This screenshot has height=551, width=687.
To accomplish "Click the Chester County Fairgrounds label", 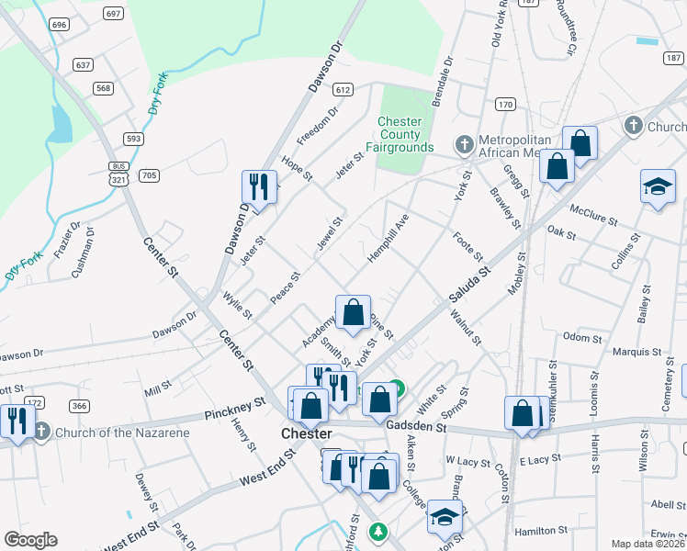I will pyautogui.click(x=400, y=135).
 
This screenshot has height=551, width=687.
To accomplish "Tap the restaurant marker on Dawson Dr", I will pyautogui.click(x=259, y=186).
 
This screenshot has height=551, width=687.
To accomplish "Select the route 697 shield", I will pyautogui.click(x=114, y=14).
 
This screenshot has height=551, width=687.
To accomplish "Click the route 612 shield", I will pyautogui.click(x=343, y=90).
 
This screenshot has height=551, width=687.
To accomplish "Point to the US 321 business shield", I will pyautogui.click(x=118, y=173).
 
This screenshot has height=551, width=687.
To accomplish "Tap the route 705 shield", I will pyautogui.click(x=149, y=174).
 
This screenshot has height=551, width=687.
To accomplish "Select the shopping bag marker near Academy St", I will pyautogui.click(x=353, y=312).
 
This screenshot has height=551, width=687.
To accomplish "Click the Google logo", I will pyautogui.click(x=30, y=540).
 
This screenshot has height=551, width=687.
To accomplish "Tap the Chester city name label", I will pyautogui.click(x=306, y=433).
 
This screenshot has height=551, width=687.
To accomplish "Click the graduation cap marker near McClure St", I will pyautogui.click(x=658, y=186).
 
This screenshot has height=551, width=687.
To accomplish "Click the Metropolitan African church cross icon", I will pyautogui.click(x=465, y=144).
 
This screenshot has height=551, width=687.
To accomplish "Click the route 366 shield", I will pyautogui.click(x=79, y=406).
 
